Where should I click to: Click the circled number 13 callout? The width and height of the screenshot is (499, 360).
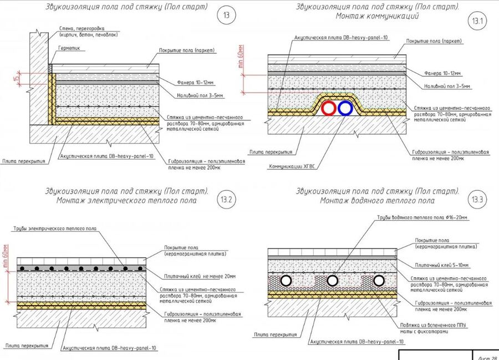[x=226, y=16]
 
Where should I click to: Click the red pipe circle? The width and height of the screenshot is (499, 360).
[x=328, y=108]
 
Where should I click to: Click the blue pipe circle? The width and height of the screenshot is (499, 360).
[x=345, y=108]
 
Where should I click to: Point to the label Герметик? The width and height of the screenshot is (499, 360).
[x=69, y=48]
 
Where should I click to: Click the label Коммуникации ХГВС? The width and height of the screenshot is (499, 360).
[x=288, y=166]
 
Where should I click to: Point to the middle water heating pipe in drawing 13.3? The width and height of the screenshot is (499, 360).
[x=333, y=281]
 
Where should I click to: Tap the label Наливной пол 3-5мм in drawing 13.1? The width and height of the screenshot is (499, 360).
[x=447, y=86]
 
